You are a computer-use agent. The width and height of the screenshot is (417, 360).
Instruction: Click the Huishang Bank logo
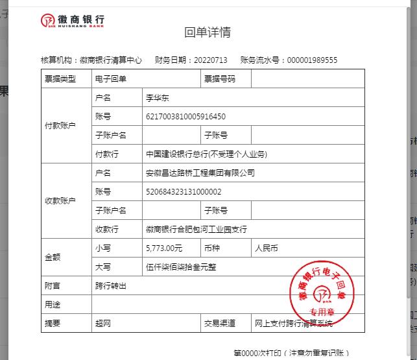pyautogui.click(x=72, y=20)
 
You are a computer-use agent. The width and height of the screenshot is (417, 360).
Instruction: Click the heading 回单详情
pyautogui.click(x=208, y=32)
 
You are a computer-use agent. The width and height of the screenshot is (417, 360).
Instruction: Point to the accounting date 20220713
pyautogui.click(x=211, y=60)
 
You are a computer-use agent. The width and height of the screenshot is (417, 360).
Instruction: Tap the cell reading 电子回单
pyautogui.click(x=111, y=78)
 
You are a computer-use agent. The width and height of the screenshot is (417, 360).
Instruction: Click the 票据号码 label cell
pyautogui.click(x=220, y=78)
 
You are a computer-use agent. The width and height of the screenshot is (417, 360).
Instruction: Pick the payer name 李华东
pyautogui.click(x=158, y=98)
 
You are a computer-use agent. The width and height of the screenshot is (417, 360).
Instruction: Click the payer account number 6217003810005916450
pyautogui.click(x=186, y=117)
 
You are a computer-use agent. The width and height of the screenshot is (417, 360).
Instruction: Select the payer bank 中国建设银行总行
pyautogui.click(x=207, y=154)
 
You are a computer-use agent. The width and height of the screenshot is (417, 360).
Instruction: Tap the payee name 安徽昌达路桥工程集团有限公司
pyautogui.click(x=200, y=173)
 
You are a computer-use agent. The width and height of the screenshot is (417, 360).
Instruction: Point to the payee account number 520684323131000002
pyautogui.click(x=184, y=192)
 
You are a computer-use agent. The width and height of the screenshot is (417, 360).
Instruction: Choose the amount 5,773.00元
pyautogui.click(x=165, y=248)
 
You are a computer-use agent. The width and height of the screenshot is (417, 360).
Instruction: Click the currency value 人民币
pyautogui.click(x=267, y=248)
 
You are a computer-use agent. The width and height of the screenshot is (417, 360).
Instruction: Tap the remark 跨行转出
pyautogui.click(x=111, y=285)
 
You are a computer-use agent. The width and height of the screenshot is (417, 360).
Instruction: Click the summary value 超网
pyautogui.click(x=103, y=323)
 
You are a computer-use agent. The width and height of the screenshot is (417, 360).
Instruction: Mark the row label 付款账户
pyautogui.click(x=60, y=126)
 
